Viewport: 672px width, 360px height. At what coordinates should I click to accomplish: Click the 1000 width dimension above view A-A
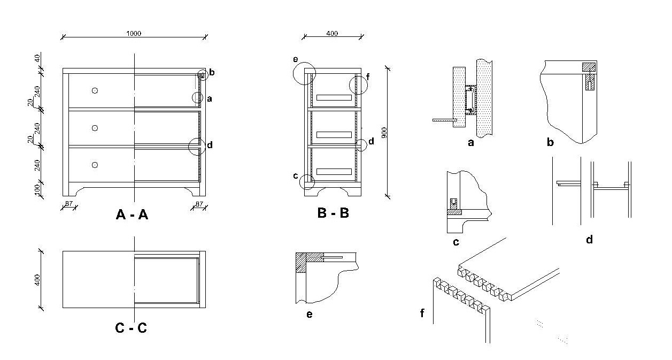(134, 33)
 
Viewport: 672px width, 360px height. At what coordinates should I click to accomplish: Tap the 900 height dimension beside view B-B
(384, 133)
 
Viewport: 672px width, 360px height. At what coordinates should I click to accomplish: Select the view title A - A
(132, 215)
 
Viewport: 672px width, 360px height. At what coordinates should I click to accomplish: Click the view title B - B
(333, 213)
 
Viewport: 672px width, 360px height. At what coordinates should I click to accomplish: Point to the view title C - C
(131, 327)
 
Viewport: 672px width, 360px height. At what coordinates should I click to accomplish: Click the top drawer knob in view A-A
(95, 90)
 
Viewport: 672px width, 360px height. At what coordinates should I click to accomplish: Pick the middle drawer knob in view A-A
(95, 128)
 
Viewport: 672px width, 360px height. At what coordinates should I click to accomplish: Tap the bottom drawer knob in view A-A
(95, 165)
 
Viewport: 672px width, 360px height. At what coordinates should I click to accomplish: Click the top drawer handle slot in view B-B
(334, 97)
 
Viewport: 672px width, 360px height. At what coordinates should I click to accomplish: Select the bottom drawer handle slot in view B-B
(334, 172)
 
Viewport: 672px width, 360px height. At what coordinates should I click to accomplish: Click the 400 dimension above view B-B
(332, 33)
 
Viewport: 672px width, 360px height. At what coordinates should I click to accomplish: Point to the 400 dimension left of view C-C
(37, 280)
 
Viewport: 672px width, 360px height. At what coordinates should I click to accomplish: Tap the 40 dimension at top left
(37, 58)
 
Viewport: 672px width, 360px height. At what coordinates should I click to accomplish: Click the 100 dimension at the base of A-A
(37, 190)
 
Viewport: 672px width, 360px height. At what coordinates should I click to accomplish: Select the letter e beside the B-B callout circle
(296, 59)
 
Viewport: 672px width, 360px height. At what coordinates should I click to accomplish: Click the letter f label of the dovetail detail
(422, 313)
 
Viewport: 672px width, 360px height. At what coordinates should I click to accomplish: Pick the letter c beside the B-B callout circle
(296, 176)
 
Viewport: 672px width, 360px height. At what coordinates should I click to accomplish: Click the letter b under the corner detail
(550, 142)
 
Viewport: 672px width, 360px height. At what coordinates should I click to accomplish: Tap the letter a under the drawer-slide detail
(471, 143)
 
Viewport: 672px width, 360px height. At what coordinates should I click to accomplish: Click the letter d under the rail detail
(590, 240)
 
